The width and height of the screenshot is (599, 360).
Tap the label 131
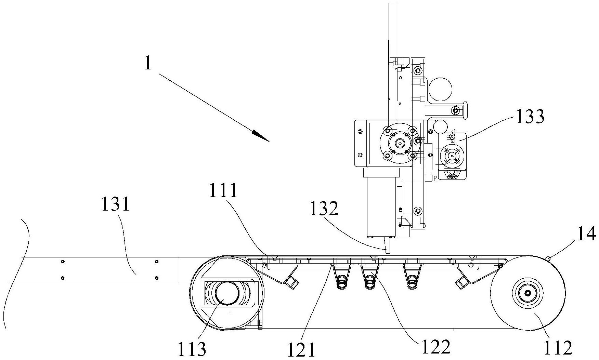point(116,205)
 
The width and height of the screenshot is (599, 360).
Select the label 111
point(223,190)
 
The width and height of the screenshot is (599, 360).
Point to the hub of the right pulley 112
point(527,293)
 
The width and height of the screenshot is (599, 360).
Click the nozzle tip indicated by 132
point(387,251)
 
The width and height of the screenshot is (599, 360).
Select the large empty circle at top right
point(440,89)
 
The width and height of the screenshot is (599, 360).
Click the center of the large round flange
point(399,143)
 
